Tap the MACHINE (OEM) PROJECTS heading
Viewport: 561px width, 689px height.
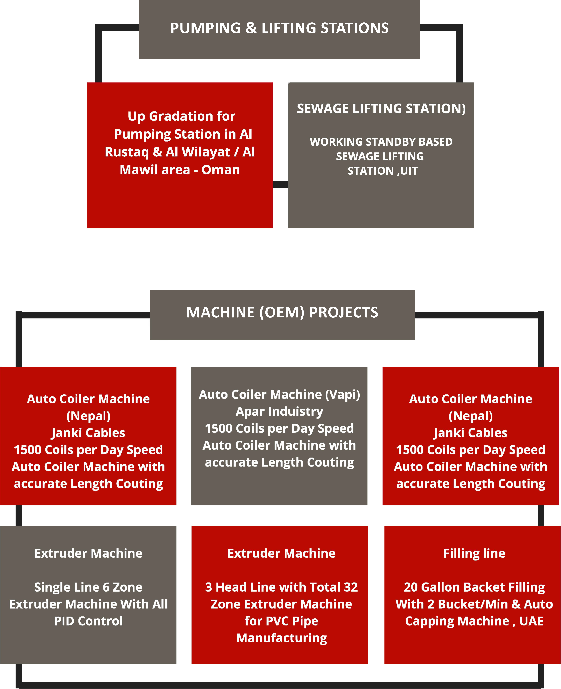(x=282, y=312)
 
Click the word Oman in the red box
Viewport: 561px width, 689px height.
(x=221, y=170)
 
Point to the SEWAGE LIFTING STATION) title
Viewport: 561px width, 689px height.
(x=381, y=109)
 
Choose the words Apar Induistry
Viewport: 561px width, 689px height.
(x=280, y=411)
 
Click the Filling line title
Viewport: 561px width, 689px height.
(x=474, y=553)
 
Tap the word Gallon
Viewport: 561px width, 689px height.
(x=441, y=587)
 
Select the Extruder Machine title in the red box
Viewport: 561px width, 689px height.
(x=281, y=553)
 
